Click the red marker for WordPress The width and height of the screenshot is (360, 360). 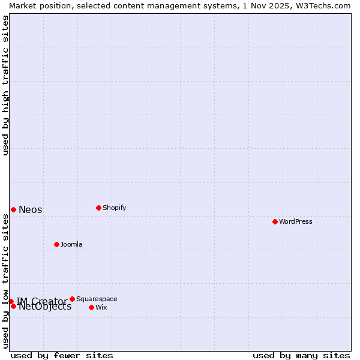[275, 221]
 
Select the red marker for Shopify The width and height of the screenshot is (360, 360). [98, 208]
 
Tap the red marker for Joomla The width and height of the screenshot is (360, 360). [56, 244]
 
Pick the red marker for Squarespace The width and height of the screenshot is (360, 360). [72, 299]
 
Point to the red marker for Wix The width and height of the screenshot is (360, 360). [91, 307]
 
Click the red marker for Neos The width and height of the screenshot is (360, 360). [13, 209]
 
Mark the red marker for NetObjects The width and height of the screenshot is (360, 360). [13, 306]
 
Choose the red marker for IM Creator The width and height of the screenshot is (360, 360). [11, 301]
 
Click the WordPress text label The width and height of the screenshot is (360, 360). [296, 221]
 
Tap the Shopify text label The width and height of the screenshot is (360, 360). [115, 208]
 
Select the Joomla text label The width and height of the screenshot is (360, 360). [71, 244]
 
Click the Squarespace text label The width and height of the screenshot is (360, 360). [97, 299]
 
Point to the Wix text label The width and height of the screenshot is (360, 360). [101, 307]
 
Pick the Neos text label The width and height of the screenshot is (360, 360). [31, 209]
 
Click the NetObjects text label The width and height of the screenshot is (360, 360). [46, 307]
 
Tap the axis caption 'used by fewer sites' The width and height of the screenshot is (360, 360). [62, 355]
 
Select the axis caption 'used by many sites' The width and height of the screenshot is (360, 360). [301, 355]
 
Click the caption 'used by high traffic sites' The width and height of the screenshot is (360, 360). [5, 85]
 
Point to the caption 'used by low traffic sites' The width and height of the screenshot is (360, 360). [5, 281]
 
